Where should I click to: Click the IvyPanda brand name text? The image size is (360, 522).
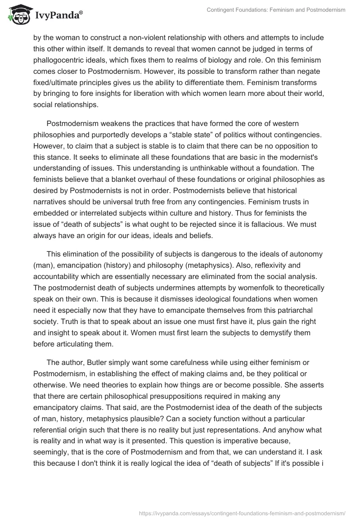pyautogui.click(x=57, y=16)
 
